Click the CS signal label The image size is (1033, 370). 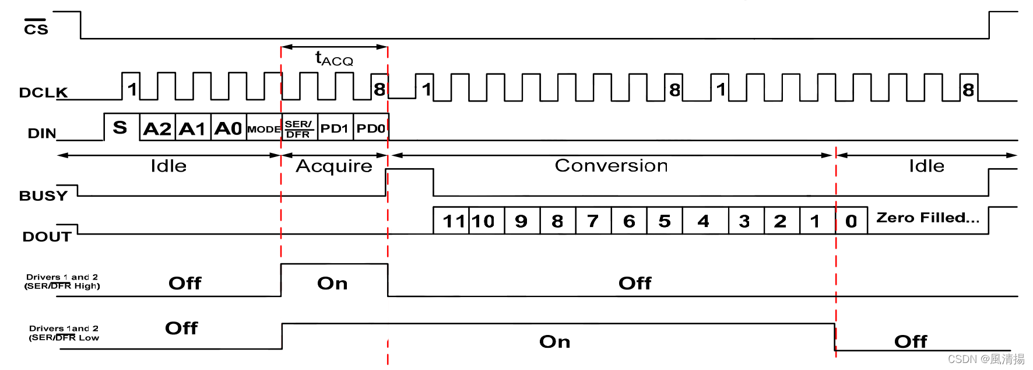[x=36, y=28]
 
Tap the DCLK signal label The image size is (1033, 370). [x=43, y=93]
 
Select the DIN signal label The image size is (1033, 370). [x=42, y=134]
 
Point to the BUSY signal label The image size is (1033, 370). [x=43, y=196]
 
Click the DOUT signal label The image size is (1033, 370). [x=47, y=237]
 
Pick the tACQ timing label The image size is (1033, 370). [x=334, y=59]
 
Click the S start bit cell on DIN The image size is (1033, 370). [x=120, y=128]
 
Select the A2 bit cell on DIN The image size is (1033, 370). [x=157, y=128]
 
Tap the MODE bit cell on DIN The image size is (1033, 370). [x=263, y=129]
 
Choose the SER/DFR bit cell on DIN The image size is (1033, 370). [x=298, y=129]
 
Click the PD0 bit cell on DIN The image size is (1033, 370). [x=371, y=128]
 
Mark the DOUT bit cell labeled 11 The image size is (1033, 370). [x=453, y=221]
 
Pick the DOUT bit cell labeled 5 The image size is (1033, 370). [x=665, y=221]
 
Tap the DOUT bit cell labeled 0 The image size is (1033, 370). [x=851, y=221]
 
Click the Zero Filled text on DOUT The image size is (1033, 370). [x=927, y=218]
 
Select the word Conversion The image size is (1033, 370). [x=611, y=166]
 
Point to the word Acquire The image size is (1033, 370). [x=334, y=166]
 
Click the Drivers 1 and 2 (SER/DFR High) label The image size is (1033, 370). [x=62, y=281]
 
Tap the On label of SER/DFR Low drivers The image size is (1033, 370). [x=554, y=341]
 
